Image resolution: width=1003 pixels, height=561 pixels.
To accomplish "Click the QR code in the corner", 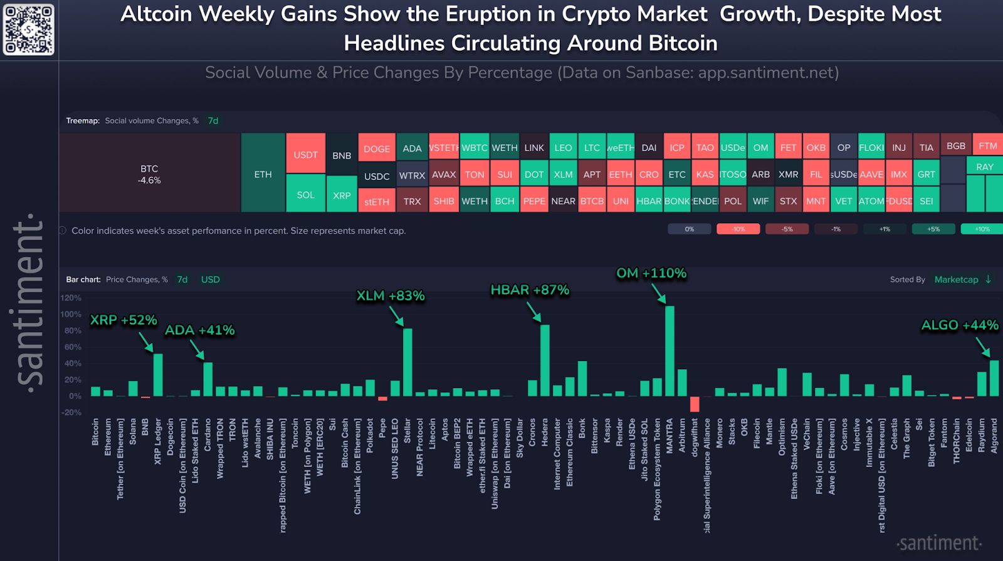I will (29, 29).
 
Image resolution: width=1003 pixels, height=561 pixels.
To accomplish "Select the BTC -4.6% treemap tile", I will (149, 174).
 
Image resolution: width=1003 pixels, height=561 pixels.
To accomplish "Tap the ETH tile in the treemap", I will (263, 174).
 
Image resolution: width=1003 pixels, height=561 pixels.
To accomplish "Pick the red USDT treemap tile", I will (305, 154).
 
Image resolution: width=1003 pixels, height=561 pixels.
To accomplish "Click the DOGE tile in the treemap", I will (376, 149).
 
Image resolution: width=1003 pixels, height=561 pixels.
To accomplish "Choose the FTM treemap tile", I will (987, 145).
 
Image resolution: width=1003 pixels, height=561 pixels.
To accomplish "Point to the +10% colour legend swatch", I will (982, 229).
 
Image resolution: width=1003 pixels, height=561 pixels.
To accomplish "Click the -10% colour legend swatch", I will (738, 229).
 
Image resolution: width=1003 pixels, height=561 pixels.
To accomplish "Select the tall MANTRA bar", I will (670, 351).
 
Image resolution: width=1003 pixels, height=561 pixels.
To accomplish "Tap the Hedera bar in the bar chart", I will (545, 360).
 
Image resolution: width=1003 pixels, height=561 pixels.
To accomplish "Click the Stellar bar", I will (407, 362).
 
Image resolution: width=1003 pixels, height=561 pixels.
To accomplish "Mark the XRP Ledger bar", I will (158, 375).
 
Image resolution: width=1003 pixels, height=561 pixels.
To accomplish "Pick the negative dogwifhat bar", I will (695, 404).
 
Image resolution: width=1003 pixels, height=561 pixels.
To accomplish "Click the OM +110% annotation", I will (651, 273).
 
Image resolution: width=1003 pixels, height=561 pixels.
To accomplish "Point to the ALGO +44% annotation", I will (959, 325).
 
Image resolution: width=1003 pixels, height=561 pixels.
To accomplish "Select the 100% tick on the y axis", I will (71, 314).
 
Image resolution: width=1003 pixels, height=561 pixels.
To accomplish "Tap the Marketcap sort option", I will (956, 280).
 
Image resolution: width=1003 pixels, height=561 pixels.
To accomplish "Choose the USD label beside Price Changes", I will (210, 280).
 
